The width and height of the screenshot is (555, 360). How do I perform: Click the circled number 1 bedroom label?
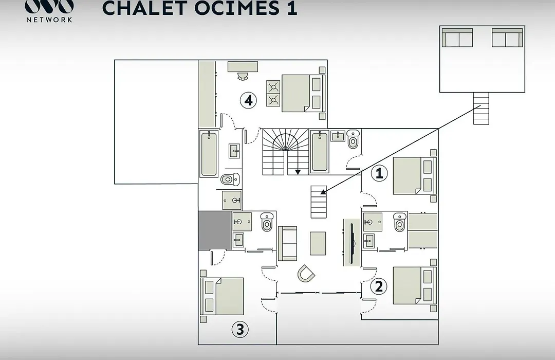[379, 173]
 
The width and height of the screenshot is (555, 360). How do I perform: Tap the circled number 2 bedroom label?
[379, 286]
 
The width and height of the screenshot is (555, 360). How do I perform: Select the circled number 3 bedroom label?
[240, 329]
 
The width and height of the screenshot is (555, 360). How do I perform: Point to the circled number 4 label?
[249, 100]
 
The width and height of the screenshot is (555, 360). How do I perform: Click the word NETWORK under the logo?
[49, 20]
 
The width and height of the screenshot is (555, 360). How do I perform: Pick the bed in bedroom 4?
[303, 93]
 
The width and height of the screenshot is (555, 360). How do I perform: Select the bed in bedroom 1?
[415, 176]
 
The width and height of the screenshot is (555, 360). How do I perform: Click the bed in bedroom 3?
[222, 297]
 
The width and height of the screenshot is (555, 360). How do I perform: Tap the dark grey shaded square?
[215, 231]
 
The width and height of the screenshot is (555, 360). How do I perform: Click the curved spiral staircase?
[285, 152]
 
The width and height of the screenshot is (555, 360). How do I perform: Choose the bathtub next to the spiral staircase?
[320, 152]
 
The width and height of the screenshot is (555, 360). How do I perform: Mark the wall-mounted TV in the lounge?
[351, 243]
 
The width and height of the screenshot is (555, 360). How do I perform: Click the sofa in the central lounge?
[287, 243]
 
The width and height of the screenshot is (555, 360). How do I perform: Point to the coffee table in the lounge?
[318, 243]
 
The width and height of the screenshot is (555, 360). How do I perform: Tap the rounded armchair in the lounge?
[305, 274]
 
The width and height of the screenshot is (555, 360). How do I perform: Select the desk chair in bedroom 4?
[243, 77]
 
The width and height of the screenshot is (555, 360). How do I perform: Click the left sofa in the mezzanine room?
[457, 38]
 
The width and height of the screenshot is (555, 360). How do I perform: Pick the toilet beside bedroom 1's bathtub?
[353, 139]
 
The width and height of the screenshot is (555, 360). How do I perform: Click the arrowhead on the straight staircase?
[323, 192]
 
